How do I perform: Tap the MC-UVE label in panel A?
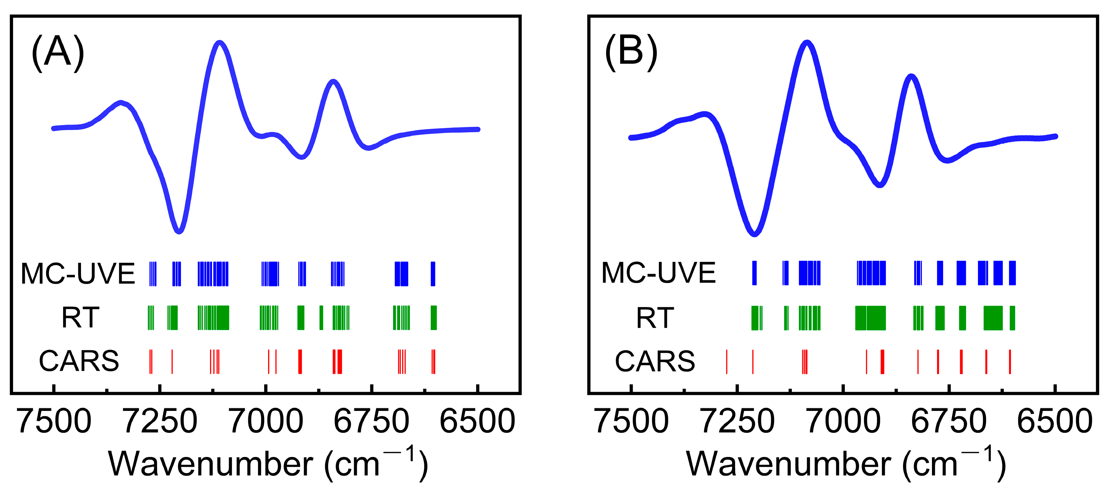coord(78,274)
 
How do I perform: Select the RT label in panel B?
coord(655,318)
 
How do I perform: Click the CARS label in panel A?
coord(79,361)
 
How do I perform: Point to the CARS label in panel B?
coord(655,361)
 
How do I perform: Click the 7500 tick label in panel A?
coord(54,422)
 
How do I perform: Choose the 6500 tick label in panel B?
coord(1055,422)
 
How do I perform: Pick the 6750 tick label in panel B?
coord(949,422)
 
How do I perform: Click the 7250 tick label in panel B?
coord(737,422)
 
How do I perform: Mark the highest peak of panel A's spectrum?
coord(220,43)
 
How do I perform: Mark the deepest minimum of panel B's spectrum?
coord(754,234)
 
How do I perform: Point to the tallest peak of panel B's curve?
coord(807,43)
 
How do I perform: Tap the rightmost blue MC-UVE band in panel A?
coord(433,274)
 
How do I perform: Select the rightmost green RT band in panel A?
coord(434,318)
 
